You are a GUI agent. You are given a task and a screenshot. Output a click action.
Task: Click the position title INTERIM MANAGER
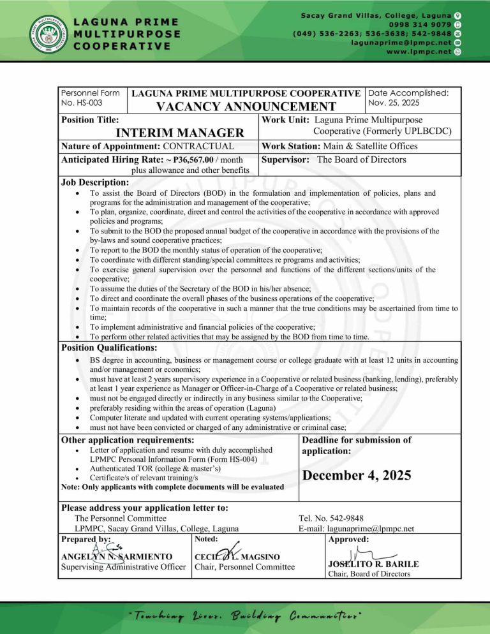181,133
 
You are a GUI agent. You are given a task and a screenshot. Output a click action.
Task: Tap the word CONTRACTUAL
200,147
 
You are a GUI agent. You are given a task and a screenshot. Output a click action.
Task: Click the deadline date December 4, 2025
357,475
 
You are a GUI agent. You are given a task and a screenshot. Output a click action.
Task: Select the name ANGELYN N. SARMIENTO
117,557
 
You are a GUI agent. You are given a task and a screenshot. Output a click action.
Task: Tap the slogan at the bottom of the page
244,616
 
